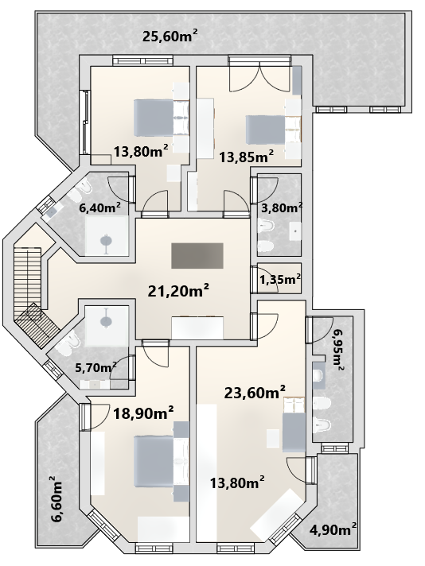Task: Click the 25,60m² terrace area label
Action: pyautogui.click(x=170, y=36)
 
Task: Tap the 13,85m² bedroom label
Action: pyautogui.click(x=246, y=157)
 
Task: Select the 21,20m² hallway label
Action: pyautogui.click(x=178, y=291)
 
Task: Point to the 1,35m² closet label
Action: pyautogui.click(x=280, y=279)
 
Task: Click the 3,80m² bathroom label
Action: pyautogui.click(x=282, y=208)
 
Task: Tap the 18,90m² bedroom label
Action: pyautogui.click(x=143, y=413)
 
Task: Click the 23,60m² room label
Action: pyautogui.click(x=255, y=393)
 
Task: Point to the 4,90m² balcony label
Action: pyautogui.click(x=333, y=529)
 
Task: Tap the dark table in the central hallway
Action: pyautogui.click(x=197, y=255)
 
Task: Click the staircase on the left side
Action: pyautogui.click(x=33, y=295)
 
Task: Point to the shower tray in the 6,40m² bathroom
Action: pyautogui.click(x=107, y=236)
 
